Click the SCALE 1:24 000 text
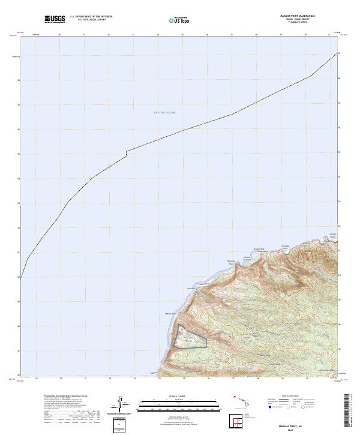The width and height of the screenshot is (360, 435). click(x=174, y=396)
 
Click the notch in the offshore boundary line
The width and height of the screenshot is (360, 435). click(x=126, y=153)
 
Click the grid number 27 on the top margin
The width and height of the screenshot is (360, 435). click(x=232, y=35)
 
